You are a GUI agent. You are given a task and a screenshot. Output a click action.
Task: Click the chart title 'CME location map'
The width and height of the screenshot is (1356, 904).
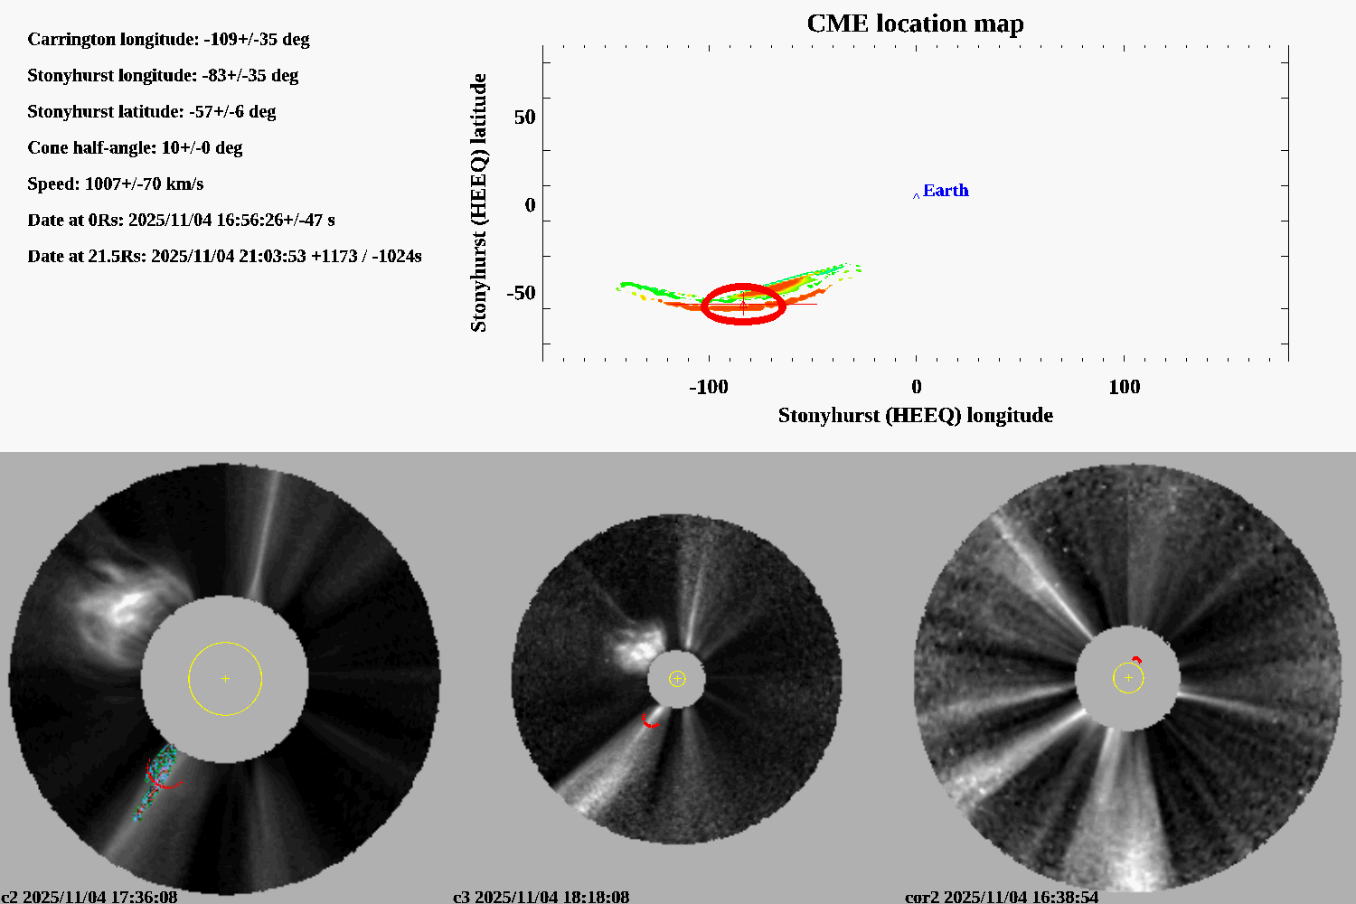[915, 24]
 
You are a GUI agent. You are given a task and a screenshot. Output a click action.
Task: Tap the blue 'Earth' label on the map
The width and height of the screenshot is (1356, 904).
[945, 191]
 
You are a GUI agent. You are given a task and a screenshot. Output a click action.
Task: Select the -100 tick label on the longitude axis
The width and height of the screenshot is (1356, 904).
[708, 387]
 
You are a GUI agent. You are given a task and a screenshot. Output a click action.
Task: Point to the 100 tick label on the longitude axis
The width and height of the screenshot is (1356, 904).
[1124, 387]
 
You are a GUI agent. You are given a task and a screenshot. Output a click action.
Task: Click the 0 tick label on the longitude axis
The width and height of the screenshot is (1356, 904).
[916, 387]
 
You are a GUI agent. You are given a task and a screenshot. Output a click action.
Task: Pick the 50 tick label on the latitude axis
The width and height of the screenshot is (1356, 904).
[524, 118]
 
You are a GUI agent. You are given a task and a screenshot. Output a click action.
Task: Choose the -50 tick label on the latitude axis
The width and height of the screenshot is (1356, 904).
[521, 293]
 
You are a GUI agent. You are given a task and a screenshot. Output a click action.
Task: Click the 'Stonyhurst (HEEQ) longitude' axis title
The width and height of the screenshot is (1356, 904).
[915, 415]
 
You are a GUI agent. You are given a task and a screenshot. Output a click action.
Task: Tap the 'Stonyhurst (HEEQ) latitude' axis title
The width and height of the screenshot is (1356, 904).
[478, 202]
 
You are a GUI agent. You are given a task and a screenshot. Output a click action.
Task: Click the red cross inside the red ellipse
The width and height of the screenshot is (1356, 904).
[743, 305]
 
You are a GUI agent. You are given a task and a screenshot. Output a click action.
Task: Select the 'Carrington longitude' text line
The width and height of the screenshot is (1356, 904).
[168, 39]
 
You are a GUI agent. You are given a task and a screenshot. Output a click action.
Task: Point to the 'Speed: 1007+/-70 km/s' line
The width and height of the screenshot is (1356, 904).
[116, 184]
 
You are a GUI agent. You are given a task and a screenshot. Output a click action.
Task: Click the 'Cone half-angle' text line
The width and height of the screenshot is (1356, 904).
[135, 147]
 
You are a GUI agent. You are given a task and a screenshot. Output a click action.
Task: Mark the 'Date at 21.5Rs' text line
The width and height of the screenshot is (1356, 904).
[224, 256]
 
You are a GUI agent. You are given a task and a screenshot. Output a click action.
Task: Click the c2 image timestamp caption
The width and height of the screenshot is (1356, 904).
[89, 897]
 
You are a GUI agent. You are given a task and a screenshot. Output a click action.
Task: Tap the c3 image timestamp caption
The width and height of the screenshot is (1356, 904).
[541, 897]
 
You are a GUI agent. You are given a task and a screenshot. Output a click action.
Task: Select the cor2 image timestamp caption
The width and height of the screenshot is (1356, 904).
[1002, 897]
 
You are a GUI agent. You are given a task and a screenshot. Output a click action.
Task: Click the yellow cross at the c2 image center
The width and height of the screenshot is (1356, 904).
[225, 678]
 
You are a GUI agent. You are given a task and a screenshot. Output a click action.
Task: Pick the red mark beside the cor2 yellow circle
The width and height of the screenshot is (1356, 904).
[1136, 660]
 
